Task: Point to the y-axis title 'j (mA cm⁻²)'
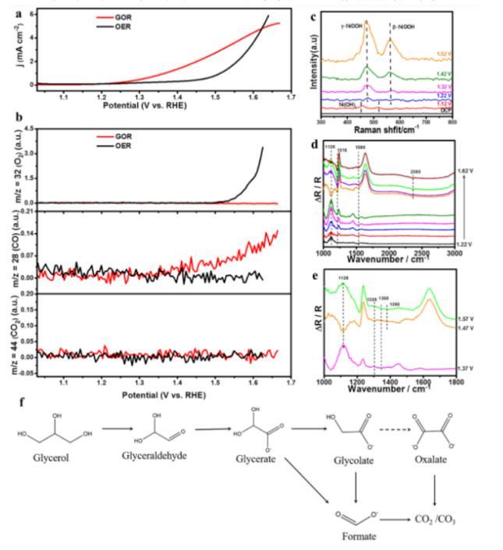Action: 11,47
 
